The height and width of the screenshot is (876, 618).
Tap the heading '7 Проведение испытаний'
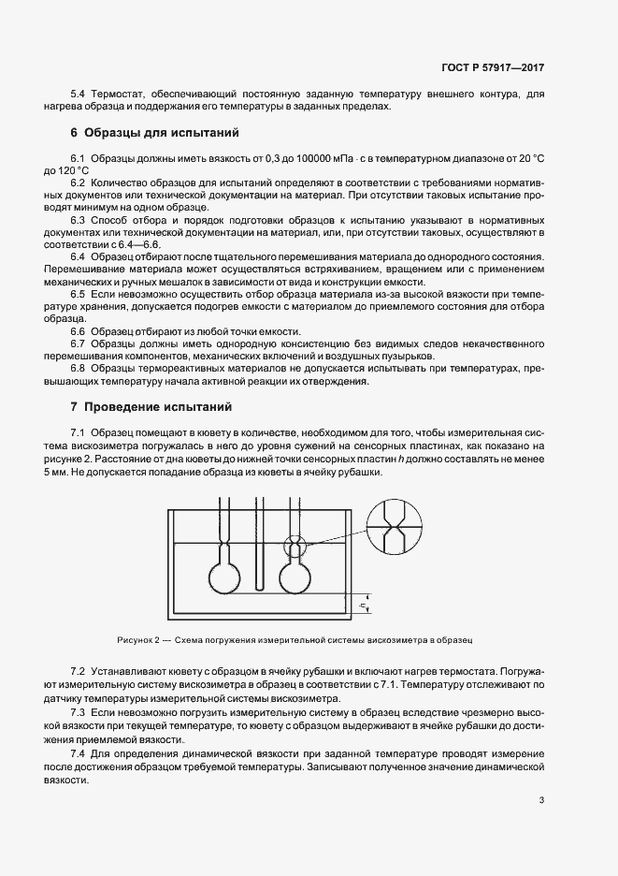click(152, 408)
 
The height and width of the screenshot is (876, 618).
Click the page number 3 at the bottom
click(541, 799)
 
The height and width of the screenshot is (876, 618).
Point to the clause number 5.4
click(79, 95)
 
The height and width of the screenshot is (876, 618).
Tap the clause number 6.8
click(79, 369)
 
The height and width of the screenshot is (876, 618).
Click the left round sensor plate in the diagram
click(224, 575)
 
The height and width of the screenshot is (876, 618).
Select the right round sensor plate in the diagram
click(295, 575)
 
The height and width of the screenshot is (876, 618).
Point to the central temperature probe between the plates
click(260, 552)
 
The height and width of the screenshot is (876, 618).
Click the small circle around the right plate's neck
click(295, 544)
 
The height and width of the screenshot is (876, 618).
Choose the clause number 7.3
click(79, 711)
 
